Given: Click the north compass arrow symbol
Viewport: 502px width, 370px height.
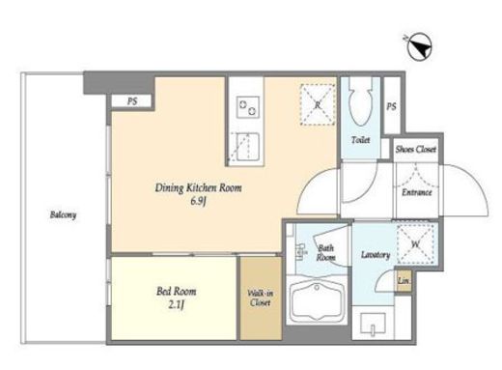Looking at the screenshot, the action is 420,47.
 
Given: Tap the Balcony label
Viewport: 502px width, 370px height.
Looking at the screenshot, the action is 63,214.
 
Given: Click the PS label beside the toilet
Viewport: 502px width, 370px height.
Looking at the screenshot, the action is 391,106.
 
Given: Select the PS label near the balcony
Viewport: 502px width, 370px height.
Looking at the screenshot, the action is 132,101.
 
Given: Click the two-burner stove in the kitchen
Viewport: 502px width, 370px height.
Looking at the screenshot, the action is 248,107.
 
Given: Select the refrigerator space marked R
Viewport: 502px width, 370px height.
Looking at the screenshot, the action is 318,104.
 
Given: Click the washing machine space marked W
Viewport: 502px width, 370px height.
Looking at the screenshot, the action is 416,243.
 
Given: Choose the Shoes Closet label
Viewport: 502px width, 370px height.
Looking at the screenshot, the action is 416,149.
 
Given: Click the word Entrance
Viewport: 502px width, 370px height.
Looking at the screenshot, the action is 417,192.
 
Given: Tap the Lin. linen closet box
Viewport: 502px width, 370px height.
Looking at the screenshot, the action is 404,280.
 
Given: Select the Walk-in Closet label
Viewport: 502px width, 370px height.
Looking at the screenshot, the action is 261,298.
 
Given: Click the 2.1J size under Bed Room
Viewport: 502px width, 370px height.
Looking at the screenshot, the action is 176,304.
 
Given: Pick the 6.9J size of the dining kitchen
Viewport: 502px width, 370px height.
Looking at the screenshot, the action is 198,202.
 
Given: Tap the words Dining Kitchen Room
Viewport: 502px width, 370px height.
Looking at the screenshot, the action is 198,187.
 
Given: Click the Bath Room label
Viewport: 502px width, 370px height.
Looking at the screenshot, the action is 325,253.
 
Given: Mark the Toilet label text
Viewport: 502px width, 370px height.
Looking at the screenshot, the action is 360,140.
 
